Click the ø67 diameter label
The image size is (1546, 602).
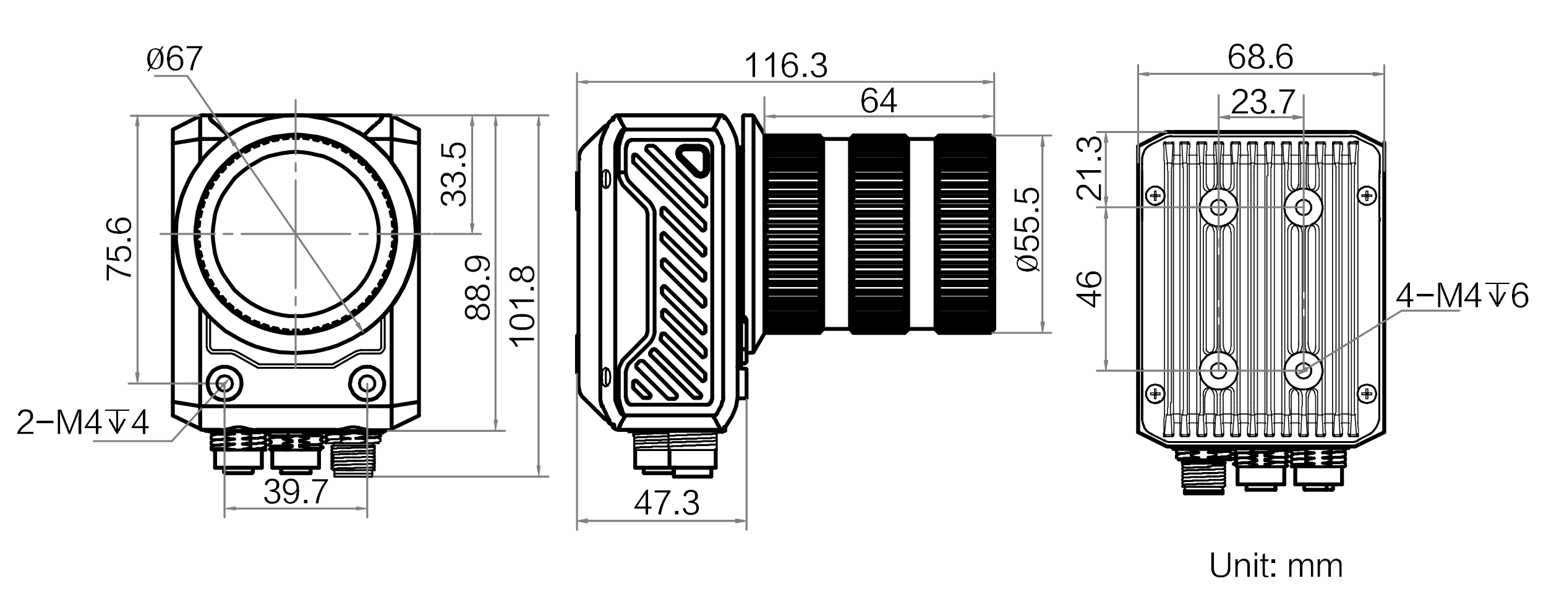click(x=174, y=60)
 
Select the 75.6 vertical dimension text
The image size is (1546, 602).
click(x=119, y=249)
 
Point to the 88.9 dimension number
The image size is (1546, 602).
click(x=478, y=288)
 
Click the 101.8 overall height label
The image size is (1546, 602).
click(x=521, y=306)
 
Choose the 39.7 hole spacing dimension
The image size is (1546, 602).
click(x=295, y=492)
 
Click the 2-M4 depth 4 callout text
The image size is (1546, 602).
click(x=82, y=423)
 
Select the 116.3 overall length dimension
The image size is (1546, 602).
click(x=785, y=66)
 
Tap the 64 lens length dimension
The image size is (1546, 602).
click(x=878, y=101)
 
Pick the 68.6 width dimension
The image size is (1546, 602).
click(x=1260, y=58)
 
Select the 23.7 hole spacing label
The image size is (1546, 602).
click(x=1262, y=103)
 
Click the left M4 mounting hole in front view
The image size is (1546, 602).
click(x=224, y=384)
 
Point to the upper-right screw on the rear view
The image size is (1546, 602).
click(x=1369, y=196)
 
